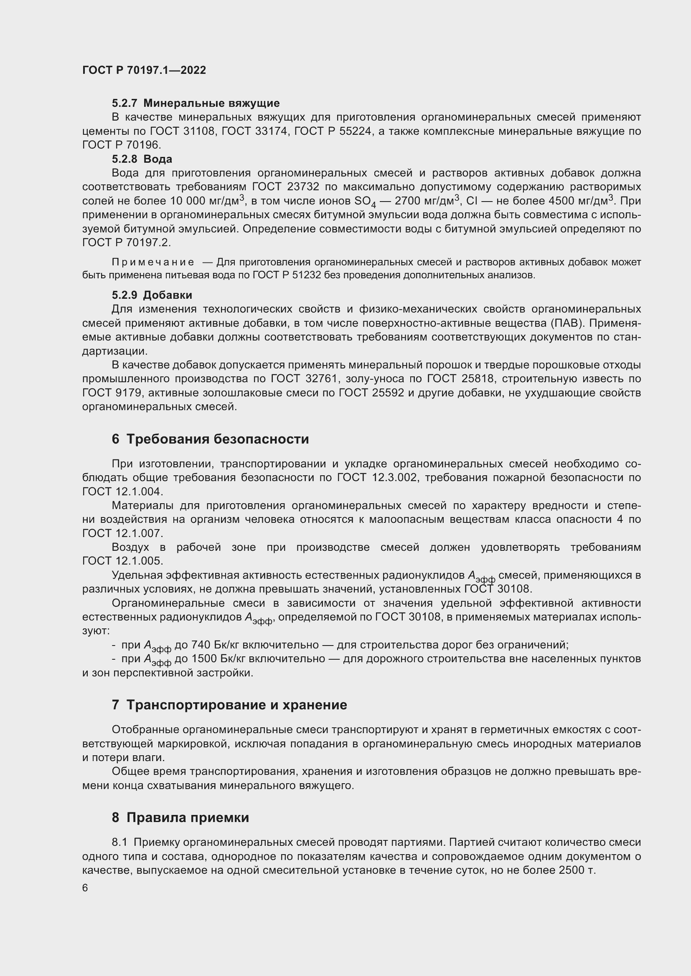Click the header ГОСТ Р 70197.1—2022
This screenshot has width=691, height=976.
(x=144, y=70)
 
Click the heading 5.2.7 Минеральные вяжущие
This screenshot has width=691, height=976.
(x=196, y=103)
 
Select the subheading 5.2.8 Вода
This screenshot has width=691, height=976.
(x=142, y=159)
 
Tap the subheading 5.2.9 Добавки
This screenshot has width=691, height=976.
(x=152, y=295)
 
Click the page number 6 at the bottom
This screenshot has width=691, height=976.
(x=85, y=888)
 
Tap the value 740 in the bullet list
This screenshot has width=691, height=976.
(x=201, y=645)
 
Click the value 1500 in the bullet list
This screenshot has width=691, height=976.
(x=204, y=659)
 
